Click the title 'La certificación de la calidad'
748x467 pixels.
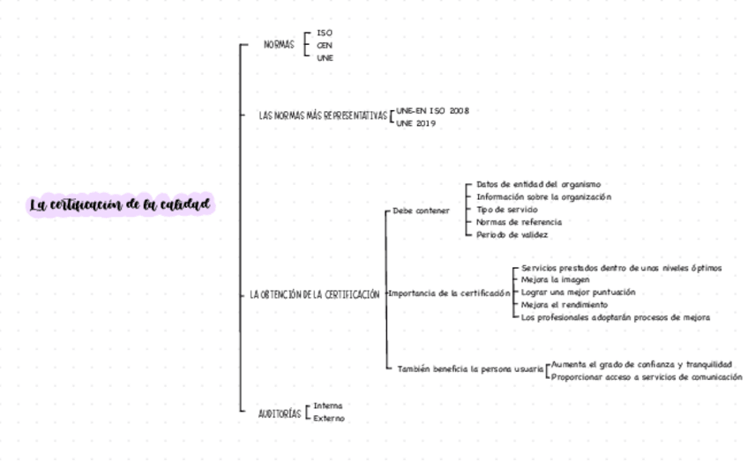(120, 205)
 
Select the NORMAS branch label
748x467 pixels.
(280, 44)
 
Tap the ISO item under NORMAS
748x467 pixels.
(325, 33)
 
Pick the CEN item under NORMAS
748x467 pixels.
(325, 45)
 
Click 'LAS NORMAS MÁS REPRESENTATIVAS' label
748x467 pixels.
(323, 115)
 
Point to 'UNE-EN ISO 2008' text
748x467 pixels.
(432, 111)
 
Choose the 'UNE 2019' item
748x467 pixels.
(416, 123)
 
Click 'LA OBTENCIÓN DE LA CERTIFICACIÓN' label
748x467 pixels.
(314, 294)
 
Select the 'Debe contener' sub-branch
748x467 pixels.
(421, 211)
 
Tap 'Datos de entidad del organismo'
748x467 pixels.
(538, 184)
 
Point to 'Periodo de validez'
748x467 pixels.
(512, 235)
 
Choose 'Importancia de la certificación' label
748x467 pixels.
(449, 293)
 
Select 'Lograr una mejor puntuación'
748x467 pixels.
(578, 292)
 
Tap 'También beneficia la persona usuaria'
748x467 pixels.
(469, 369)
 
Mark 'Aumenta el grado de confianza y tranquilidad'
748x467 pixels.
(641, 364)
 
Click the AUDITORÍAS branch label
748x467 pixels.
(279, 413)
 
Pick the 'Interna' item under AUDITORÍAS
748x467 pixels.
(328, 406)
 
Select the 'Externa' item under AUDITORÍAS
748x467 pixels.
(329, 419)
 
